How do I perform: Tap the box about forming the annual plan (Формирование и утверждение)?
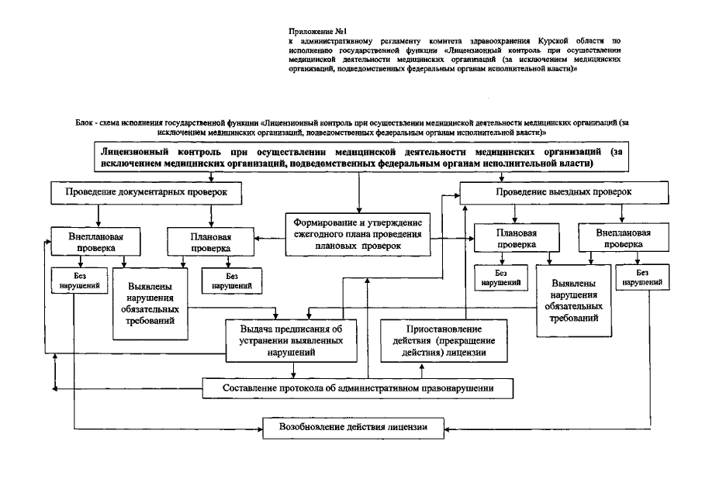358,231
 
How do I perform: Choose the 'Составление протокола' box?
358,387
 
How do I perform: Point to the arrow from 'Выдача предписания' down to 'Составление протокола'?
294,369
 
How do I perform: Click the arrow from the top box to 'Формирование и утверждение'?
358,191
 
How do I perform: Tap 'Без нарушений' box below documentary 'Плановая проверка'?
231,280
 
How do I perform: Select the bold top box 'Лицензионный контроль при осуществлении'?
358,157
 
